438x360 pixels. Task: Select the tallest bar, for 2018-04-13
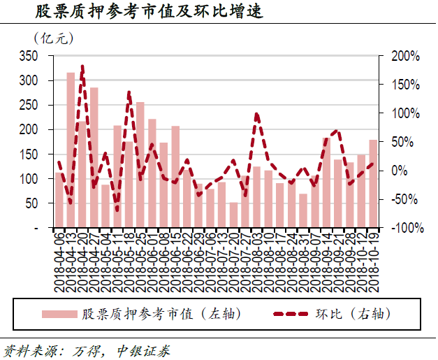[71, 150]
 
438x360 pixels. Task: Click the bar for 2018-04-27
[94, 158]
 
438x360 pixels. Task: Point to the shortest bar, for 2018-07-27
[233, 215]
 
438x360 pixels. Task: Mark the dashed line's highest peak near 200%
[82, 67]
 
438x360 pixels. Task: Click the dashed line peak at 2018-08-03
[256, 113]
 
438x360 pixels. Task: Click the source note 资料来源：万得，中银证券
[87, 350]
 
